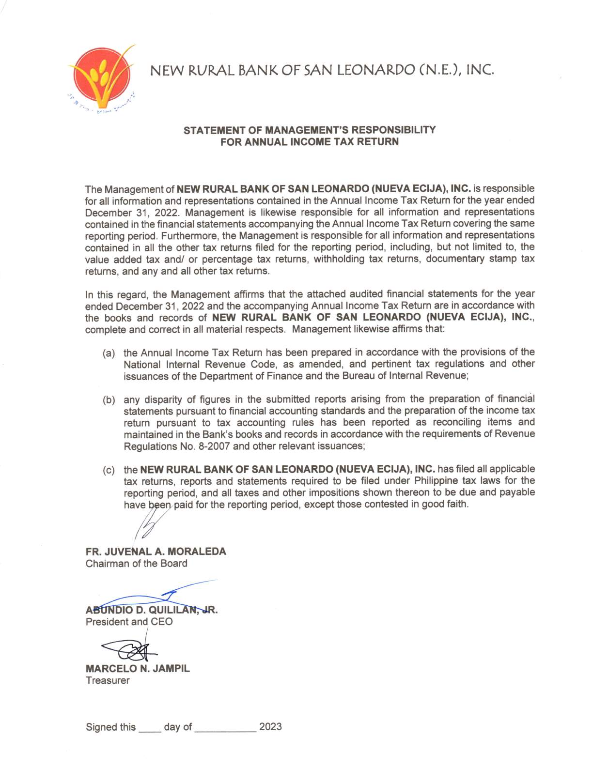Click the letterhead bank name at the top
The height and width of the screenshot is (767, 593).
(x=322, y=71)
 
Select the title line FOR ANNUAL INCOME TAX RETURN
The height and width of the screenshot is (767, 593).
(x=310, y=142)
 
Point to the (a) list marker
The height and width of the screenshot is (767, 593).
(x=109, y=353)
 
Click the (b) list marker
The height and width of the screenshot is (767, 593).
(x=109, y=400)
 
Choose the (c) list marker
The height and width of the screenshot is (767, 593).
(x=109, y=470)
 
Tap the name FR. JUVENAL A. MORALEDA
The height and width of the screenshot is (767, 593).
(x=156, y=552)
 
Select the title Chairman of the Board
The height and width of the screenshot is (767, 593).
(x=136, y=564)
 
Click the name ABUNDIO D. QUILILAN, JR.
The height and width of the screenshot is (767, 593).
(x=152, y=610)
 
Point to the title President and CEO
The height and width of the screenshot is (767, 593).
(x=129, y=622)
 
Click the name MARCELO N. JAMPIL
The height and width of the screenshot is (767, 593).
(x=138, y=669)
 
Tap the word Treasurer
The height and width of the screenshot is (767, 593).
(x=108, y=680)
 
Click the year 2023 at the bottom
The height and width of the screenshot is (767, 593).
(x=270, y=727)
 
